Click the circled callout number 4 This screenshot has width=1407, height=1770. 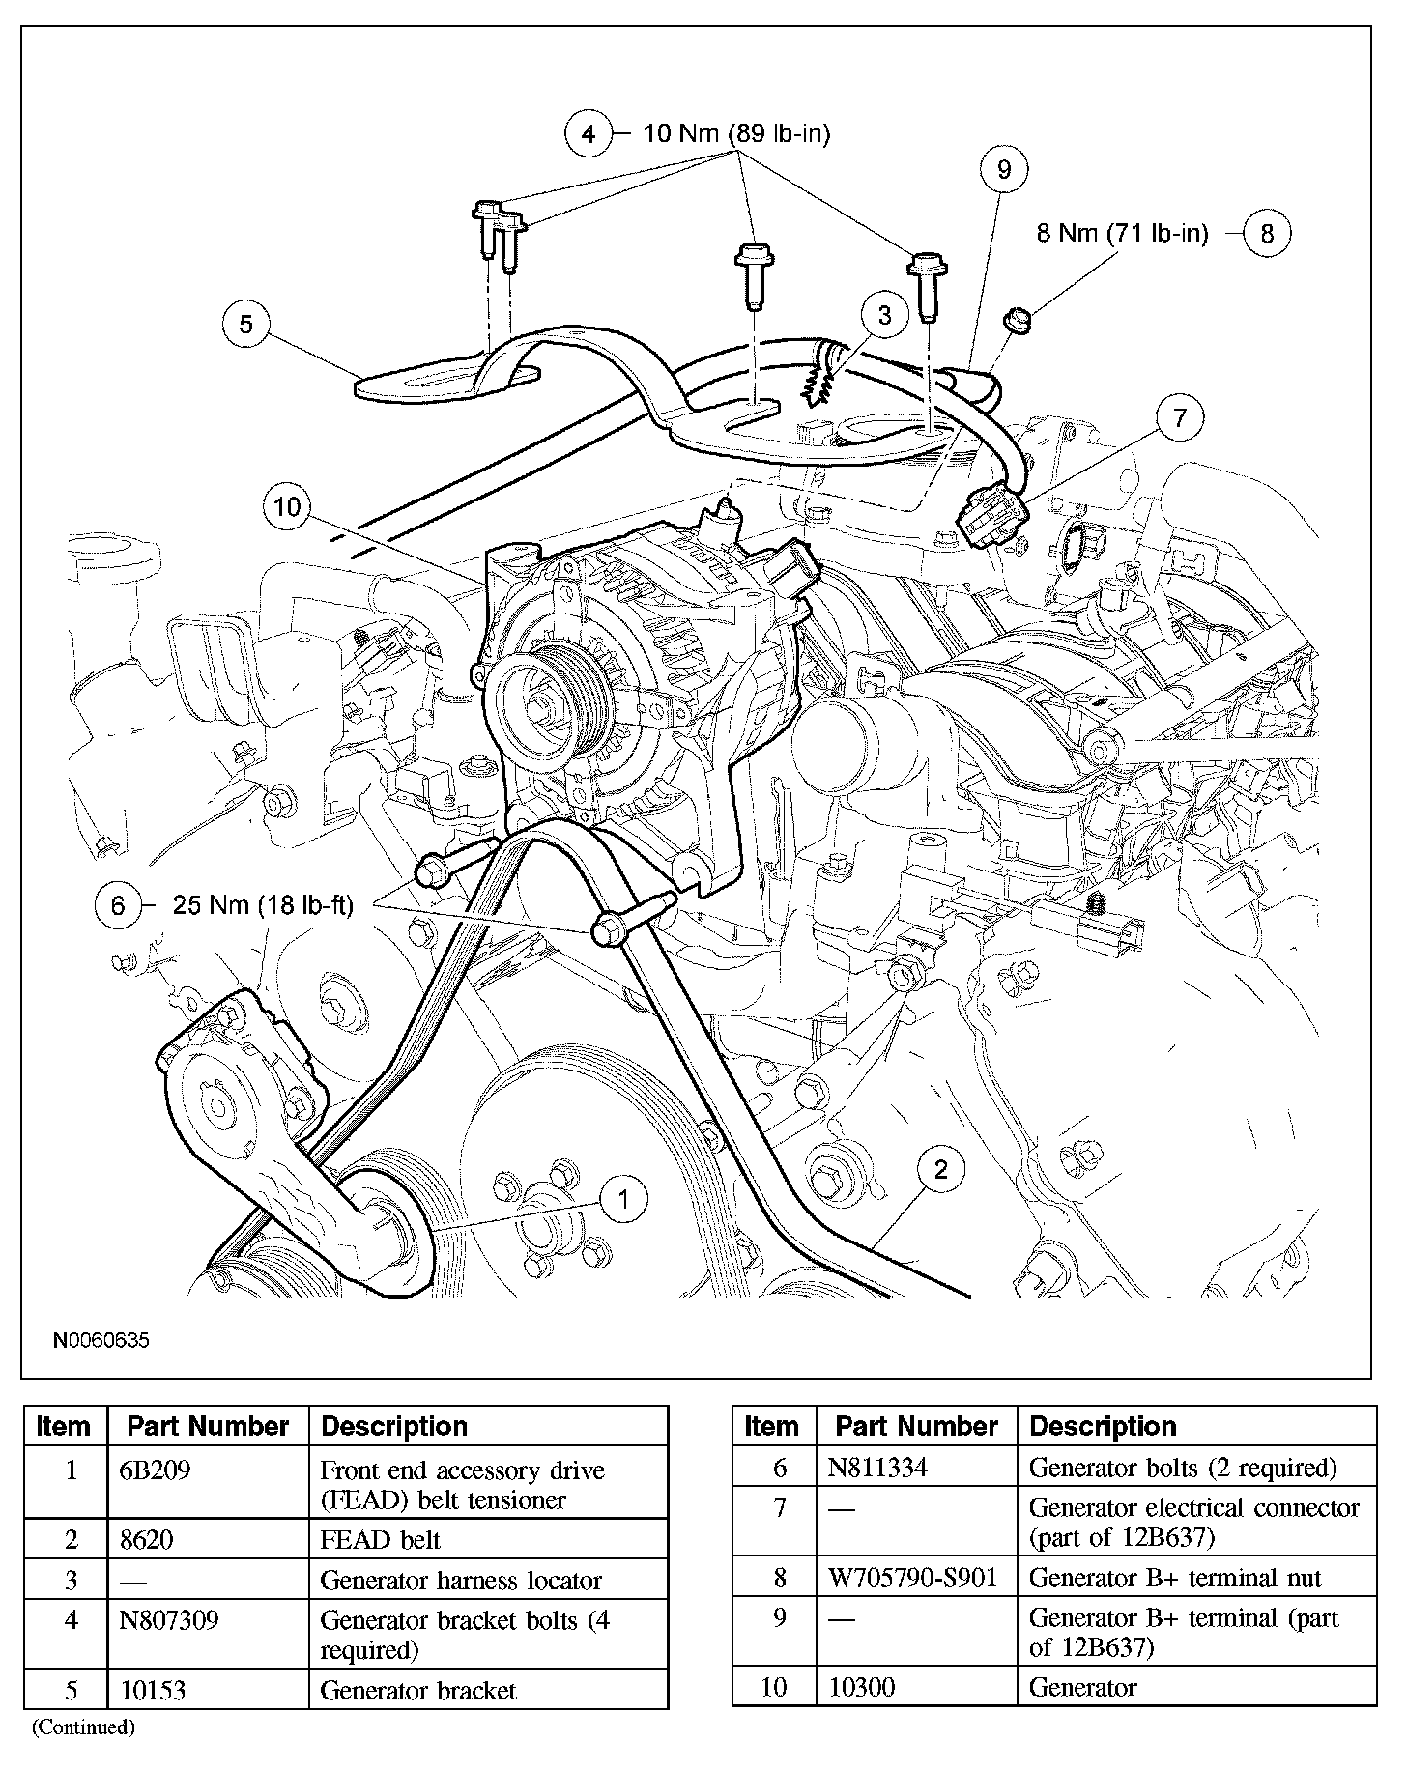pos(589,133)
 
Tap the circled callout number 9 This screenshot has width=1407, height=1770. pos(1004,170)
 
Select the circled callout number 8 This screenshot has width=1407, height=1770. pos(1267,233)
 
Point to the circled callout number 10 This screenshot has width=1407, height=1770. pos(287,507)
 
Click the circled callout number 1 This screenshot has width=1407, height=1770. pos(624,1200)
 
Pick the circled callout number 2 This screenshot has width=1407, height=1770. pos(940,1170)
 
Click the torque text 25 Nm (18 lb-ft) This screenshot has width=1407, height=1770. pos(263,905)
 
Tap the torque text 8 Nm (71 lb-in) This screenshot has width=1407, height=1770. pos(1122,233)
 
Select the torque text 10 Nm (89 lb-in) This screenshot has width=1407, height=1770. pos(736,133)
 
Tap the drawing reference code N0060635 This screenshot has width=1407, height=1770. pos(101,1341)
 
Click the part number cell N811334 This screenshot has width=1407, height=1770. pos(877,1468)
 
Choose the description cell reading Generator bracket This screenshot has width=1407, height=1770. pos(418,1690)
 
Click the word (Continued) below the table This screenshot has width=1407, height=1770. pos(83,1727)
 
